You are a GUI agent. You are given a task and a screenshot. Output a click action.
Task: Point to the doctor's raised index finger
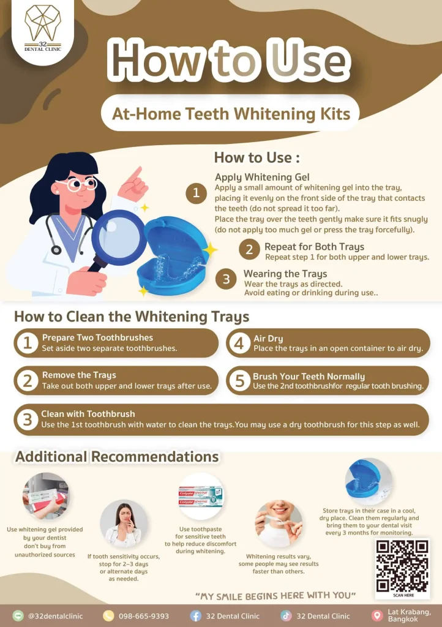point(137,173)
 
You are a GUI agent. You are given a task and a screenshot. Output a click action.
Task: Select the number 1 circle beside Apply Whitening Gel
point(197,193)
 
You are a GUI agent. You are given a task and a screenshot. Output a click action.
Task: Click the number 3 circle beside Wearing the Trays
point(226,279)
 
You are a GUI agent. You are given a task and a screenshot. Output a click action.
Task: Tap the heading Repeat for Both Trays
point(314,247)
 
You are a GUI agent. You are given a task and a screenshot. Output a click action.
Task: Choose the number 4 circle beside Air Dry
point(239,343)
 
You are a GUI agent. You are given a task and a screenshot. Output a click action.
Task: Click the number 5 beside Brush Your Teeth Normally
point(239,381)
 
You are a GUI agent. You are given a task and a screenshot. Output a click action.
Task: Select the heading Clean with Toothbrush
point(88,414)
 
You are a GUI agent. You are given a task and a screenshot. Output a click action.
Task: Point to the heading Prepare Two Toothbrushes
point(97,337)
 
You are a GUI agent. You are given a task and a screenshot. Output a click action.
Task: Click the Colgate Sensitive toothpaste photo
point(201,496)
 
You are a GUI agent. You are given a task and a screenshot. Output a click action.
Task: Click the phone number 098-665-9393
point(144,616)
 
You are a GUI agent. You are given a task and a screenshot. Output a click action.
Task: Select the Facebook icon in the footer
point(195,616)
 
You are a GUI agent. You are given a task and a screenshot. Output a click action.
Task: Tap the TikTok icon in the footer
point(286,616)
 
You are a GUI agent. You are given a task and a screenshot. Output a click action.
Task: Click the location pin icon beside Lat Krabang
point(377,616)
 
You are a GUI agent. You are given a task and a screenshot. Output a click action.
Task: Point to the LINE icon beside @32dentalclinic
point(18,616)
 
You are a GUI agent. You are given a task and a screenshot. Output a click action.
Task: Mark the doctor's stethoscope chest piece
point(56,250)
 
